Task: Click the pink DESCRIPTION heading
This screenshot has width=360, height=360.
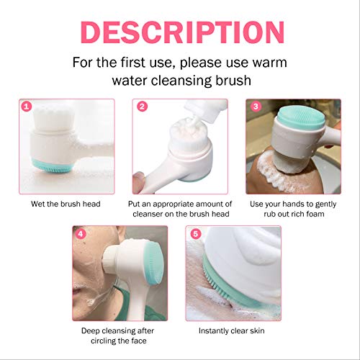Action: pyautogui.click(x=180, y=31)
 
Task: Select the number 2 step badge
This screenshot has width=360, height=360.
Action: pyautogui.click(x=143, y=107)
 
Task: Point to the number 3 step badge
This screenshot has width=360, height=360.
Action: pyautogui.click(x=256, y=107)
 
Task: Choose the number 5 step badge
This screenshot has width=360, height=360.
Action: pyautogui.click(x=194, y=235)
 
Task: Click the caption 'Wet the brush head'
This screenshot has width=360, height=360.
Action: pyautogui.click(x=66, y=203)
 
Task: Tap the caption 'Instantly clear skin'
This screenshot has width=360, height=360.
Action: pyautogui.click(x=233, y=331)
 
